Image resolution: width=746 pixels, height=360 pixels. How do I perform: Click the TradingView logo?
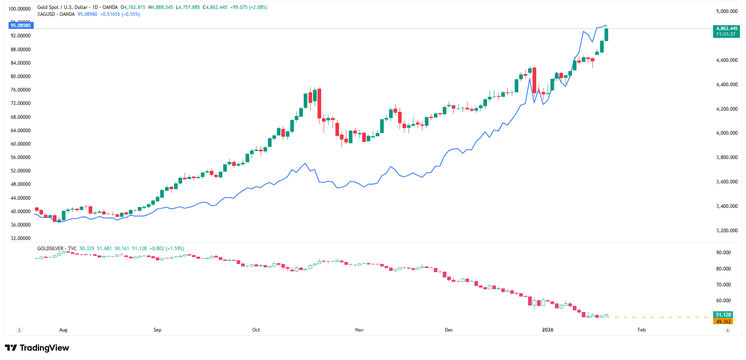coord(37,348)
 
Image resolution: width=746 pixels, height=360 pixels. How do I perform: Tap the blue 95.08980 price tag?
coord(21,26)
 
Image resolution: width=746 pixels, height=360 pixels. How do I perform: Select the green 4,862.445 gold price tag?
coord(726,28)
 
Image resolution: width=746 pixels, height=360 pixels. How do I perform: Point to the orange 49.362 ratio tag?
coord(723,322)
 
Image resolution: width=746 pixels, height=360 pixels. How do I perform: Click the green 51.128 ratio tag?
coord(723,315)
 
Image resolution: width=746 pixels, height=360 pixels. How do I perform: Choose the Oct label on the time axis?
coord(256,330)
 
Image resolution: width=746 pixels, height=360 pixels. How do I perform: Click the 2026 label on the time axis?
coord(548,330)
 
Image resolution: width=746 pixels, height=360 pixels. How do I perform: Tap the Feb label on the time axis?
coord(642,330)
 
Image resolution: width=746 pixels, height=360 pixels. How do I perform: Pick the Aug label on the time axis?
coord(63,330)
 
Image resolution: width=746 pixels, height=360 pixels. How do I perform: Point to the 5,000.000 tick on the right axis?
coord(727,11)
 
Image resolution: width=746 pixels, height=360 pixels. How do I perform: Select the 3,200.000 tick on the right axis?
coord(727,231)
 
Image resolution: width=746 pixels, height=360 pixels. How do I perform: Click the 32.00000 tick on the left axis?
coord(21,238)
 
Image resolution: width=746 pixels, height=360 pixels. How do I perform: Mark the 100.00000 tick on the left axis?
coord(20,9)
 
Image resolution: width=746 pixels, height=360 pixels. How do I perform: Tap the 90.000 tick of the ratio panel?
coord(724,253)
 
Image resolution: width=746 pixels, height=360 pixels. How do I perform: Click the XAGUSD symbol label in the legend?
coord(46,14)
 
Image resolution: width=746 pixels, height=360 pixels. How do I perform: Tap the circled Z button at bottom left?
coord(19,330)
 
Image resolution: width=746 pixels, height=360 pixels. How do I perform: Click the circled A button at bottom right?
coord(728,330)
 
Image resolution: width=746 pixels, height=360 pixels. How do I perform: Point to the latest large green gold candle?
coord(607,35)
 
